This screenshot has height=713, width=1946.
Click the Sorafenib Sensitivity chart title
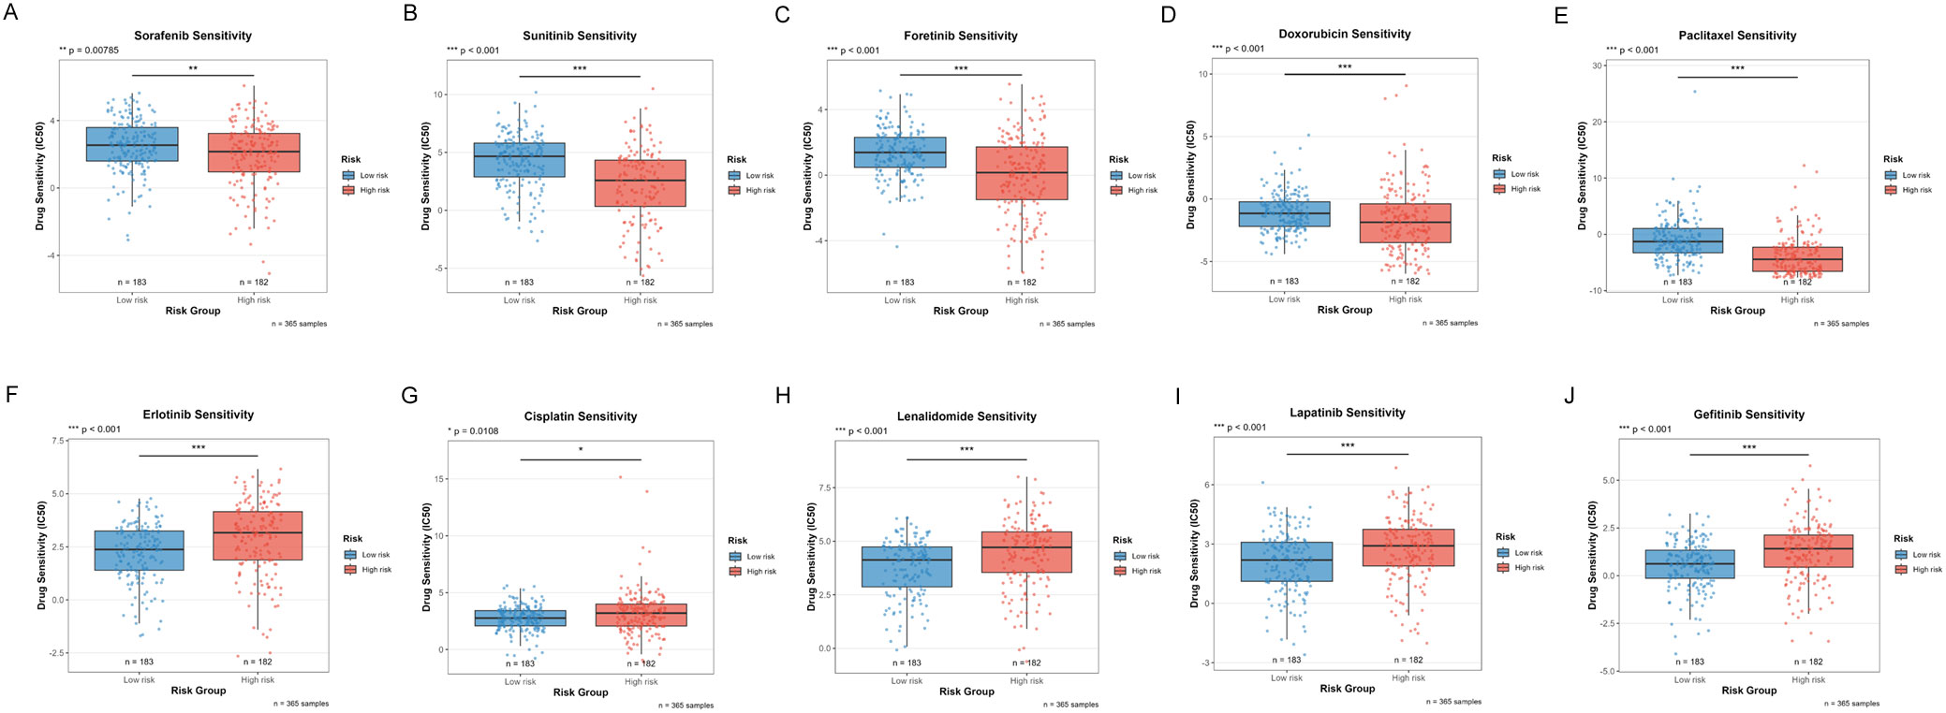point(192,36)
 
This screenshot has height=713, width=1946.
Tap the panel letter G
point(409,396)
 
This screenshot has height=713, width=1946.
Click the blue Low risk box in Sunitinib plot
point(519,160)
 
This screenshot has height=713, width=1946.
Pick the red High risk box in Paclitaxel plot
point(1796,259)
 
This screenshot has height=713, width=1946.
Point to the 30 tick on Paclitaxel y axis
point(1597,65)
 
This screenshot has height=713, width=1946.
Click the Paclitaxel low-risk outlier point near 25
point(1694,92)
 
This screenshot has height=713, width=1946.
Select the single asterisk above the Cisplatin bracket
point(581,450)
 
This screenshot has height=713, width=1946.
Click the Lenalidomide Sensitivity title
point(966,416)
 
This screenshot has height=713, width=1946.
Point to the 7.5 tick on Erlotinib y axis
point(58,441)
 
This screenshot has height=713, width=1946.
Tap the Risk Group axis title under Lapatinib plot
point(1347,689)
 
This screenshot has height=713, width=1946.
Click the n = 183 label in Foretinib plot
point(899,282)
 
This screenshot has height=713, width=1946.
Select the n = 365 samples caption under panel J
point(1850,704)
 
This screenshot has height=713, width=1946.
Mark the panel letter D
point(1168,15)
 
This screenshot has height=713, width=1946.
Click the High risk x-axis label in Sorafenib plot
point(253,300)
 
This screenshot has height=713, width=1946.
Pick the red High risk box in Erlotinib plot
point(258,535)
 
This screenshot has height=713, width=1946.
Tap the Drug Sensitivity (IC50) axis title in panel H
point(812,557)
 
